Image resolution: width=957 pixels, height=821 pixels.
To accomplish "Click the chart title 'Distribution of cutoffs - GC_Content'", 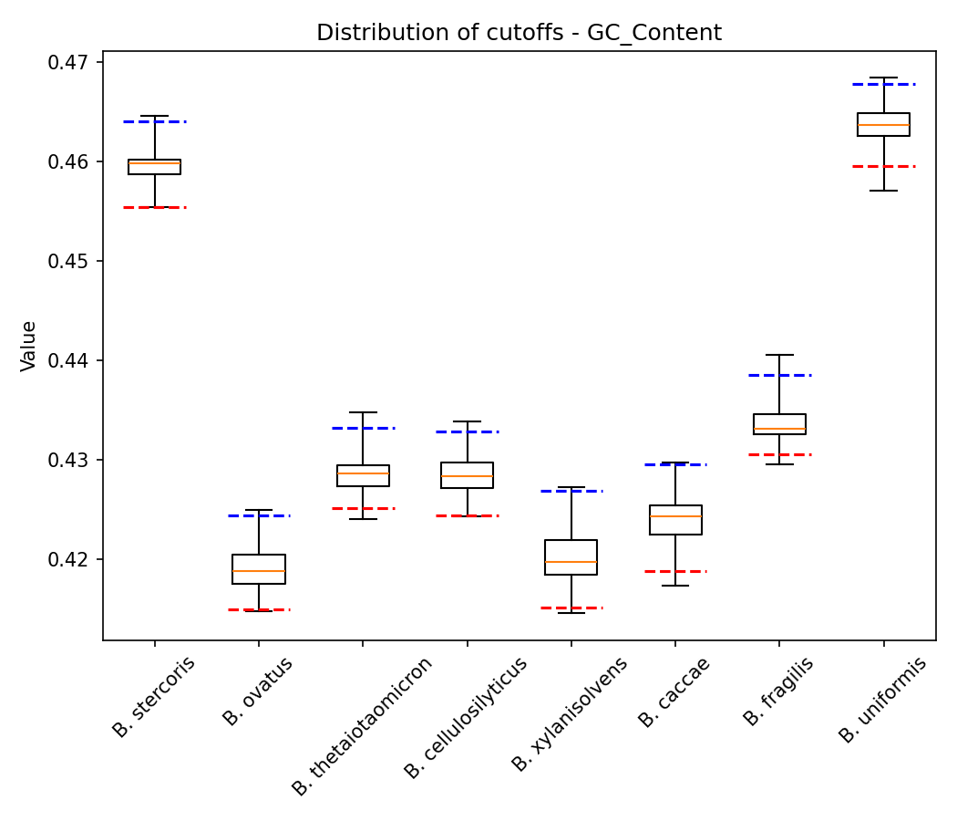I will pyautogui.click(x=519, y=34).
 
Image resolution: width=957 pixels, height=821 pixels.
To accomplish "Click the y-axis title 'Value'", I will pyautogui.click(x=29, y=346).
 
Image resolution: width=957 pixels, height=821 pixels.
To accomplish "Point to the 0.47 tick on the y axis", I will pyautogui.click(x=75, y=63).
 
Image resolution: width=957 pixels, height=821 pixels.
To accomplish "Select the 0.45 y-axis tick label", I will pyautogui.click(x=75, y=262).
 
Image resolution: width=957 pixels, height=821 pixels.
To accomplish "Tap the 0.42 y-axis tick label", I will pyautogui.click(x=75, y=559).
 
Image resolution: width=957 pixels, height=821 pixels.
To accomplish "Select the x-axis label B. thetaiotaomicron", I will pyautogui.click(x=362, y=726).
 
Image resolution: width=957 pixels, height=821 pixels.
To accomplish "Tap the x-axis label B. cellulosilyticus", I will pyautogui.click(x=466, y=718).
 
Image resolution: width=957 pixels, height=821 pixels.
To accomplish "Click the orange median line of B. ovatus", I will pyautogui.click(x=259, y=571).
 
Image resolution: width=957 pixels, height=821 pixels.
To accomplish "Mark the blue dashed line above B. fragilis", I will pyautogui.click(x=780, y=375).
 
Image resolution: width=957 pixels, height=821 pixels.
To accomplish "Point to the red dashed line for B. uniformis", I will pyautogui.click(x=884, y=166).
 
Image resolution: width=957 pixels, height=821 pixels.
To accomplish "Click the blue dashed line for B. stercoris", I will pyautogui.click(x=155, y=121).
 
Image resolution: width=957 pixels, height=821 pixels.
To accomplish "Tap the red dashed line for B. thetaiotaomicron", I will pyautogui.click(x=363, y=508).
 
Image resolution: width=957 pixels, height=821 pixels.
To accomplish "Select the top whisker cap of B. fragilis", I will pyautogui.click(x=780, y=355).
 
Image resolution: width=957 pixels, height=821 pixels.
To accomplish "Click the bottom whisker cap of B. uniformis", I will pyautogui.click(x=884, y=191).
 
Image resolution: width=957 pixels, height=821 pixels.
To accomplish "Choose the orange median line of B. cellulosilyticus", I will pyautogui.click(x=468, y=476).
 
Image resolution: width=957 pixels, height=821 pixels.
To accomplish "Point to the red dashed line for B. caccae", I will pyautogui.click(x=675, y=571).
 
